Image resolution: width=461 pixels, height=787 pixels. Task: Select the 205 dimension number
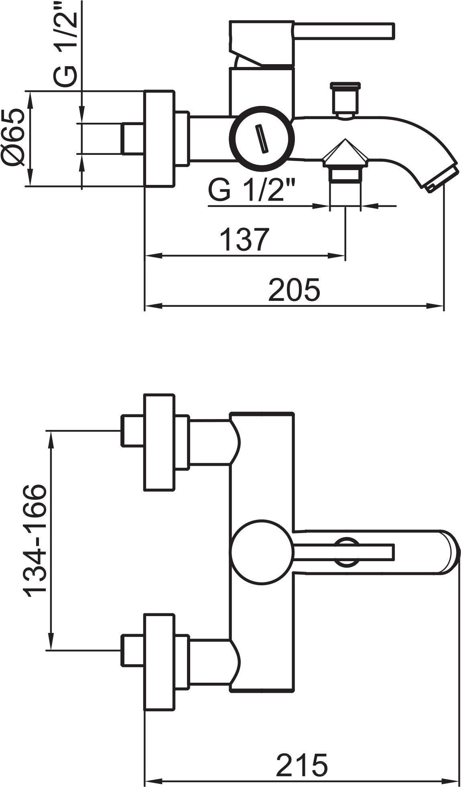tap(294, 290)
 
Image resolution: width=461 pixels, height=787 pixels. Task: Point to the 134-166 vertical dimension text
tap(35, 540)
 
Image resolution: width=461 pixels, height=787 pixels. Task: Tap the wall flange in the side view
tap(159, 139)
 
